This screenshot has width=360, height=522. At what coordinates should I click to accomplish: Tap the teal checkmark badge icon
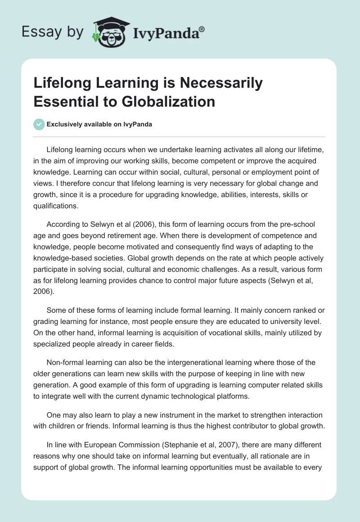click(39, 124)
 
